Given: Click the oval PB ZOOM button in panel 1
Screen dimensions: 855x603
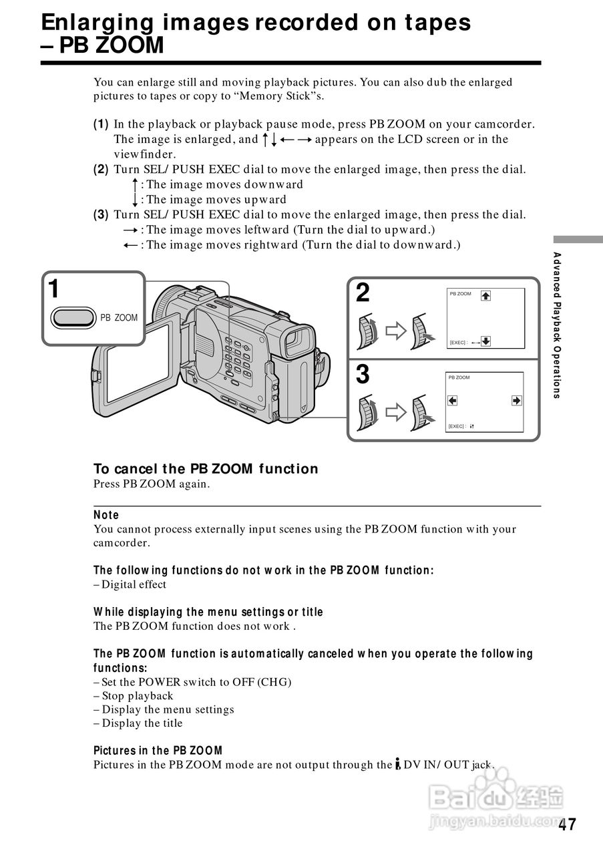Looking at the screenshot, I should tap(73, 317).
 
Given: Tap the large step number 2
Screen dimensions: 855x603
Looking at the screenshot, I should tap(363, 293).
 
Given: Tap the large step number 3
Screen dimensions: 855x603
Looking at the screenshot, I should tap(363, 374).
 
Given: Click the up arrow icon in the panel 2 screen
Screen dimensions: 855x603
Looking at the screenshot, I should tap(485, 296).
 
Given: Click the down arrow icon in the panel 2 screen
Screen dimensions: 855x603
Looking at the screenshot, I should tap(485, 341).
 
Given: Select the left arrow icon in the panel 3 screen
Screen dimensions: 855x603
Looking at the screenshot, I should tap(453, 401).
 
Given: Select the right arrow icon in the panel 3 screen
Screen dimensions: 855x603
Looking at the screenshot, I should tap(516, 401).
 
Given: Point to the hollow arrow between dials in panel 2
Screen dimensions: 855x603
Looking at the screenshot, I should tap(396, 331).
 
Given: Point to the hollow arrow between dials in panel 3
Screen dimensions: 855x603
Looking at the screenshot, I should tap(396, 412).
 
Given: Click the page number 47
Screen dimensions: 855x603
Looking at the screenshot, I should tap(567, 825).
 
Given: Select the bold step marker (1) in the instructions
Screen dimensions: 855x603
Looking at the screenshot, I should tap(101, 124).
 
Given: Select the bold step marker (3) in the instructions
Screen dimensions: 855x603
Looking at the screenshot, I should tap(101, 214).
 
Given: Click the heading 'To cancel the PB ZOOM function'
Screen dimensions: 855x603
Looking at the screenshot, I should tap(206, 469).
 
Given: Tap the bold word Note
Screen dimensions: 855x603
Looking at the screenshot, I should tap(106, 515).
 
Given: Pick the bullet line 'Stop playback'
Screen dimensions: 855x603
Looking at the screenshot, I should tap(137, 696).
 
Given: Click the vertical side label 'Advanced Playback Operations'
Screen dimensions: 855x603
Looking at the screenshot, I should tap(557, 325).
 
